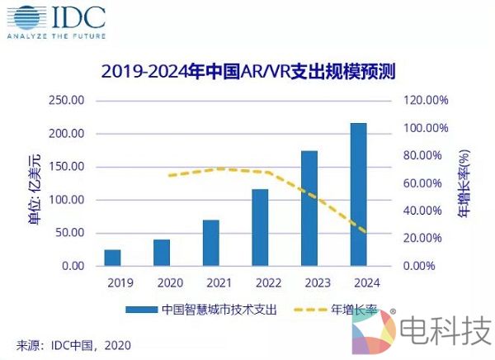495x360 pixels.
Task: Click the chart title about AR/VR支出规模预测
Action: [247, 70]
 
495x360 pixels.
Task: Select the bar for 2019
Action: [112, 257]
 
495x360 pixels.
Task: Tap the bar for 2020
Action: [162, 252]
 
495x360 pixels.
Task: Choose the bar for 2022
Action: [260, 227]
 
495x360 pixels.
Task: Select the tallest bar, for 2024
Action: [359, 194]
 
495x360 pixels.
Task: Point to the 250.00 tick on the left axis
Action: [67, 101]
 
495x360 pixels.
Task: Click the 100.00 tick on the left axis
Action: [67, 200]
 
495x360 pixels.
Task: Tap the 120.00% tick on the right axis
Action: [425, 101]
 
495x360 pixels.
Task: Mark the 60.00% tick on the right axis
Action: [425, 183]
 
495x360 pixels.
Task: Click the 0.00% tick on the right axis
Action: [425, 266]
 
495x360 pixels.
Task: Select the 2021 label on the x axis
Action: [210, 282]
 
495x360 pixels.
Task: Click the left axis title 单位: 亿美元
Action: [34, 183]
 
